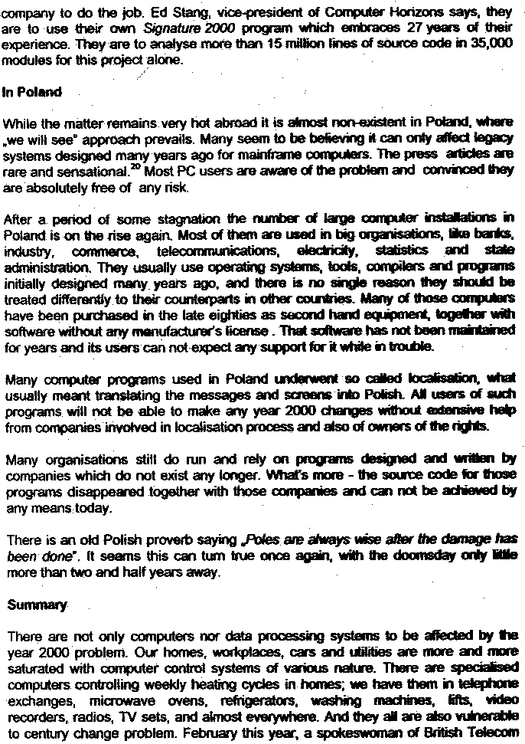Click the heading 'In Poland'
click(32, 93)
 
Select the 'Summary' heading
click(36, 605)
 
